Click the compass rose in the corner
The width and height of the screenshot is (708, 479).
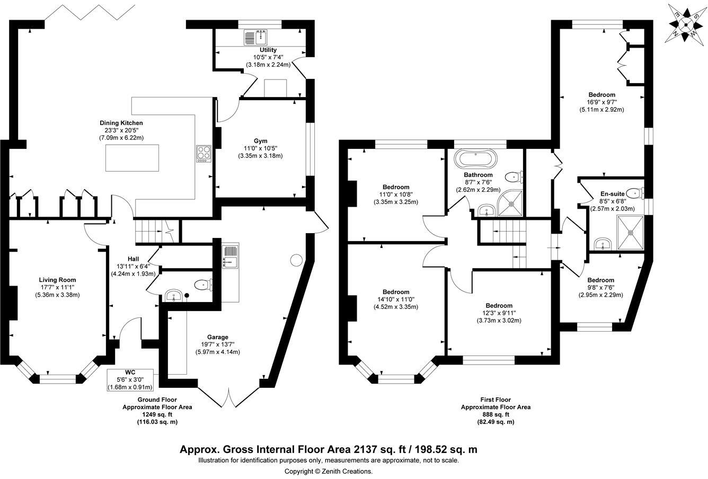coord(686,24)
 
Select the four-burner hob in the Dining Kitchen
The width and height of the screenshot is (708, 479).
coord(203,154)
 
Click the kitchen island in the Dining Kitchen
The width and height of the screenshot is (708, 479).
coord(132,157)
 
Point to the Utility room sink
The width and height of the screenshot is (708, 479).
coord(256,37)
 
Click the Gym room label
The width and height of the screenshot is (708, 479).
coord(260,148)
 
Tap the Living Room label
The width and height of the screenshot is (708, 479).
coord(57,280)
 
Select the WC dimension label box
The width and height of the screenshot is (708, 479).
coord(130,379)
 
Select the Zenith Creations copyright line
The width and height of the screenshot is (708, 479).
coord(329,471)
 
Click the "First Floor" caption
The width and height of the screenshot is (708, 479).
coord(495,400)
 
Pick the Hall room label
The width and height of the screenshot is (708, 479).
coord(133,259)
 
